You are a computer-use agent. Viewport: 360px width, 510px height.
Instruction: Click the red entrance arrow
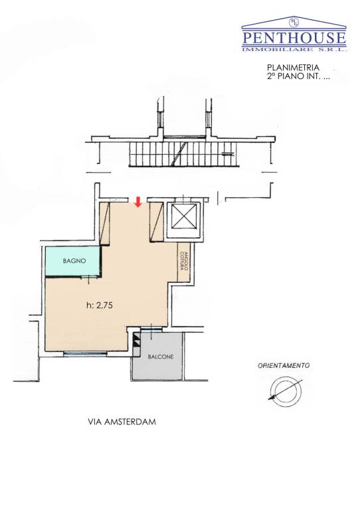(138, 202)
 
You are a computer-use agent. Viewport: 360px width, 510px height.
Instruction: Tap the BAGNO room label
(74, 260)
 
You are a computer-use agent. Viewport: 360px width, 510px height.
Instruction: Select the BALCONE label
(161, 357)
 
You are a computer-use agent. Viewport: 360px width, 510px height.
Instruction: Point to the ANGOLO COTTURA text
(185, 262)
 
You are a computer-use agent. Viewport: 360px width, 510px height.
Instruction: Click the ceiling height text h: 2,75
(100, 305)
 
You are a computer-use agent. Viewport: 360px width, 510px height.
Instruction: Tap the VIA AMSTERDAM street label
(122, 422)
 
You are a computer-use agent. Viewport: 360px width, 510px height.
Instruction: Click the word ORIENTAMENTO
(284, 366)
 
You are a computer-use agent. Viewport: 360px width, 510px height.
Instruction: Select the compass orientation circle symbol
(286, 391)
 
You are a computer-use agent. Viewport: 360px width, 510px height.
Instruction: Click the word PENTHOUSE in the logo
(294, 38)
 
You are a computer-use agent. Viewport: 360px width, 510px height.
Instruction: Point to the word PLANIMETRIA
(293, 68)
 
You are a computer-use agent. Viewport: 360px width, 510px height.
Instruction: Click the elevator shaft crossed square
(184, 216)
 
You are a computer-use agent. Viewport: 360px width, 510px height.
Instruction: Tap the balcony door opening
(151, 329)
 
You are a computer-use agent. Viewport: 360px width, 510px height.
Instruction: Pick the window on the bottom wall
(85, 353)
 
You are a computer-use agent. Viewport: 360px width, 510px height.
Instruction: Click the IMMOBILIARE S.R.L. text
(294, 49)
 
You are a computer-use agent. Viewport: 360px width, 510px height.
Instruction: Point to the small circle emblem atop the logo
(294, 22)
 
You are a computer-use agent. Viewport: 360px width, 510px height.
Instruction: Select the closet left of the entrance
(104, 223)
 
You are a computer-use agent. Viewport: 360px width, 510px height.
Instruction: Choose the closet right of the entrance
(157, 222)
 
